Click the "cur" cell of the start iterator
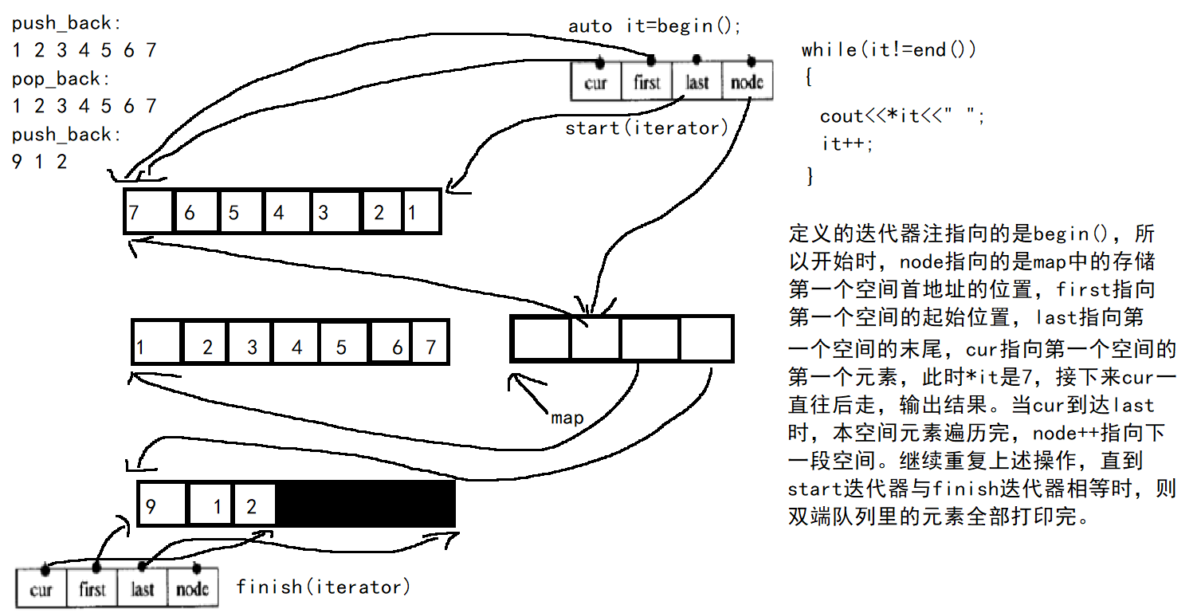coord(595,82)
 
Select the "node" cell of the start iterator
coord(747,82)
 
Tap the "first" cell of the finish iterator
coord(92,589)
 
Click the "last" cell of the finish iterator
coord(143,589)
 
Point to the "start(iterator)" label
coord(646,128)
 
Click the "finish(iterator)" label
coord(324,587)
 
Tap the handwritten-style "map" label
coord(567,418)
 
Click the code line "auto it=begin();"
coord(655,26)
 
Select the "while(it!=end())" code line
coord(889,49)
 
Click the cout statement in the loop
coord(903,116)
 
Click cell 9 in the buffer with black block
coord(163,505)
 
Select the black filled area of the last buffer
coord(366,504)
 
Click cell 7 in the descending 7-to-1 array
coord(148,211)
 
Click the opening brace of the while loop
coord(808,78)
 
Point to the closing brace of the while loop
coord(810,174)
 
